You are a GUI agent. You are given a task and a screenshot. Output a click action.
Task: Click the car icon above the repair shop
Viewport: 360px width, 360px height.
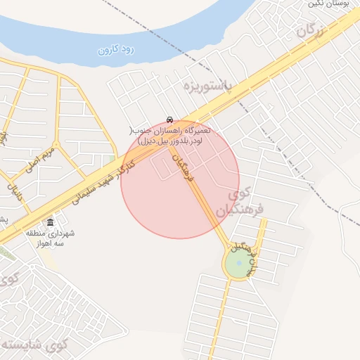(x=169, y=120)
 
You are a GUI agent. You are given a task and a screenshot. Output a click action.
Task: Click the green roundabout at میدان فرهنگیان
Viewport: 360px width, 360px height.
(x=239, y=264)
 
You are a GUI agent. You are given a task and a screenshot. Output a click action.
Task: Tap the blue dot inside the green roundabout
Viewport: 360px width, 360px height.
(x=239, y=264)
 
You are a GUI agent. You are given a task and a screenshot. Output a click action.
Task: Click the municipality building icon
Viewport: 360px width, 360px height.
(x=50, y=222)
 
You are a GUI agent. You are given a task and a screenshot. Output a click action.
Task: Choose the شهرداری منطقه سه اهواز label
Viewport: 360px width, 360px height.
(x=51, y=237)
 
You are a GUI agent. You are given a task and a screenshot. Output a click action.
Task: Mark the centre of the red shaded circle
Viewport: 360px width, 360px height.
(x=180, y=180)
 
